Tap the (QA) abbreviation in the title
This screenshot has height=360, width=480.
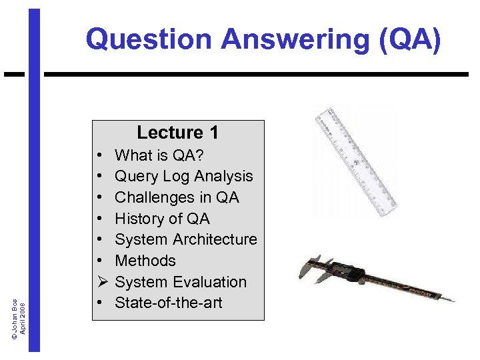click(407, 39)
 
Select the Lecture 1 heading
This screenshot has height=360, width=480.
click(177, 133)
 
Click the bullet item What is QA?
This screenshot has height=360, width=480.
click(159, 155)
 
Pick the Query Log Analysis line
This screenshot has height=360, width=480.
click(183, 177)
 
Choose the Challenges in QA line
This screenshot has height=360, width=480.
click(177, 197)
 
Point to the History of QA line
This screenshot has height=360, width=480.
click(162, 219)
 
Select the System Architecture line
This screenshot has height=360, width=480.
click(185, 239)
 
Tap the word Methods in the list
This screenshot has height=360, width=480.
click(145, 261)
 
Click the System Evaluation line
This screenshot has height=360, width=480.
click(181, 282)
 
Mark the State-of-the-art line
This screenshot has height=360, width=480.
click(169, 303)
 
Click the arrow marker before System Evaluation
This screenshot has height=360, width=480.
click(99, 282)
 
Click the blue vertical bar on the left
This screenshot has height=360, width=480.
click(34, 200)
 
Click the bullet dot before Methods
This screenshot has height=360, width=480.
click(99, 261)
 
